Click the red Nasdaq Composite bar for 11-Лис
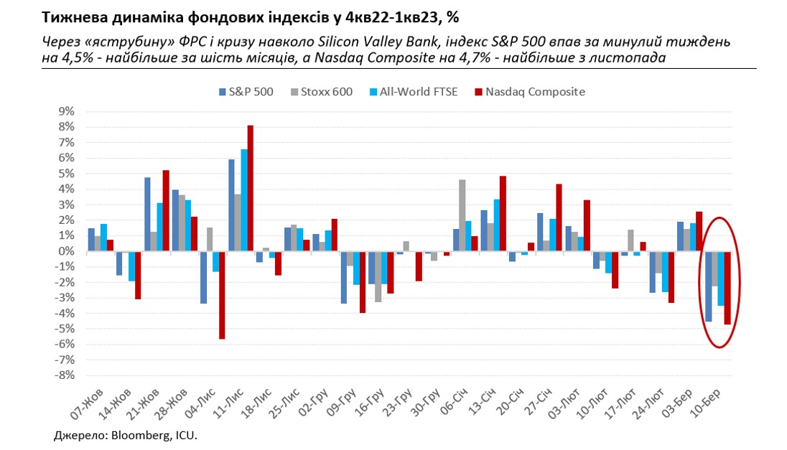click(x=250, y=188)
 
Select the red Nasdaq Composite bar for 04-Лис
click(x=223, y=295)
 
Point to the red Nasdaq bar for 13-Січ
click(x=503, y=213)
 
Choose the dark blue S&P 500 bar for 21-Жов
click(x=147, y=214)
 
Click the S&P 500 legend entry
click(x=246, y=91)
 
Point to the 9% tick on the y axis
click(x=65, y=111)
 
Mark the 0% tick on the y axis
click(x=65, y=250)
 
